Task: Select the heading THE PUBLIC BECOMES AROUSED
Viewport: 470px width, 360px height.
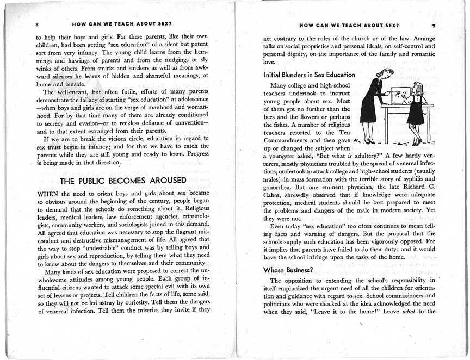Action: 123,181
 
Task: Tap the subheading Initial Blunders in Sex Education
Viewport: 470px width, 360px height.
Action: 309,74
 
